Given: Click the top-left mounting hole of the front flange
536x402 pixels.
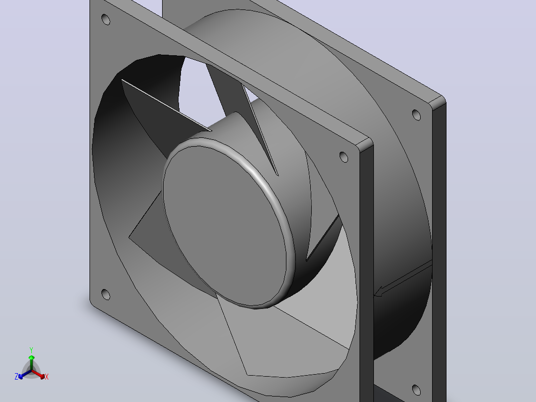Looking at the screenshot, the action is (106, 19).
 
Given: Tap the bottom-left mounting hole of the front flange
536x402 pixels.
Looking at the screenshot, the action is (105, 294).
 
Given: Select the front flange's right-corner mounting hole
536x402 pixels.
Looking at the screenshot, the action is (344, 157).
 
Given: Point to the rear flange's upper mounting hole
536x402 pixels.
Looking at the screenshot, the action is (416, 115).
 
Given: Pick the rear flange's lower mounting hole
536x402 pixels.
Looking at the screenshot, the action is (416, 390).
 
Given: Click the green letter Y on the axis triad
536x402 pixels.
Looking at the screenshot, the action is (31, 350).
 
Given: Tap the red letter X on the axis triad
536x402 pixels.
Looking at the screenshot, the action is (47, 377).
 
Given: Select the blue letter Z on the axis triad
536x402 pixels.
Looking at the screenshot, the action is (16, 377).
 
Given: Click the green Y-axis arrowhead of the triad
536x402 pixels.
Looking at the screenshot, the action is (31, 358).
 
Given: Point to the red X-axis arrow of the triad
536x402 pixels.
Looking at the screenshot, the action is (38, 374).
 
